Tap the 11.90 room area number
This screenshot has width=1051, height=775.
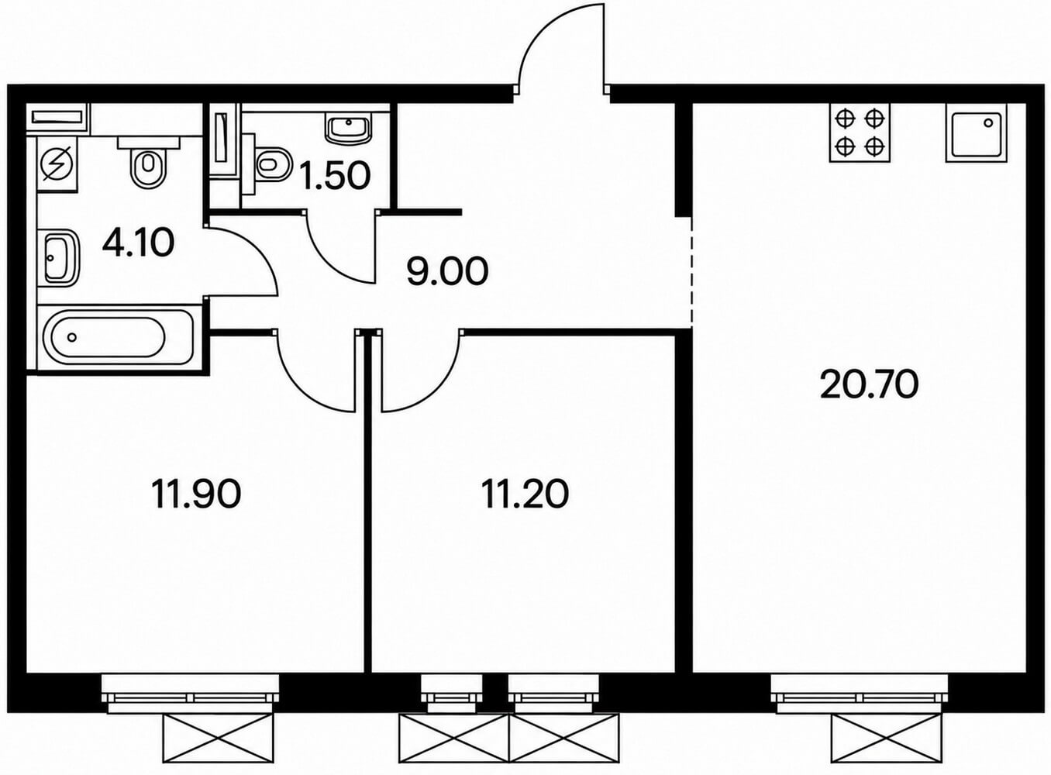[x=196, y=494]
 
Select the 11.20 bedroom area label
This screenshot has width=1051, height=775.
[x=525, y=494]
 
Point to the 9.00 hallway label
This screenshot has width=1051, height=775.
[x=447, y=271]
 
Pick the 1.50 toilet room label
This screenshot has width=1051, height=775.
[x=336, y=176]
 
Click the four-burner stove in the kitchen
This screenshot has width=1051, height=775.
[x=859, y=133]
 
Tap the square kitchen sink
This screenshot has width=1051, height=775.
[x=977, y=133]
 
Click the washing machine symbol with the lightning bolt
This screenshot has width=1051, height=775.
[x=57, y=164]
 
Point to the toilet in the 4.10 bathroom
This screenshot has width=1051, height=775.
[x=148, y=160]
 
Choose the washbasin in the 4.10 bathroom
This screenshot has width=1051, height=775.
[x=62, y=257]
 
